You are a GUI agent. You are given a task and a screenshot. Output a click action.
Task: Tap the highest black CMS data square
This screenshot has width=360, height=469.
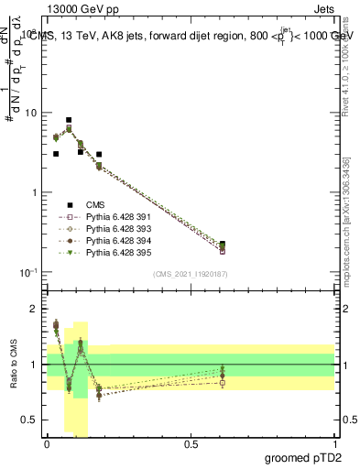(69, 120)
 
